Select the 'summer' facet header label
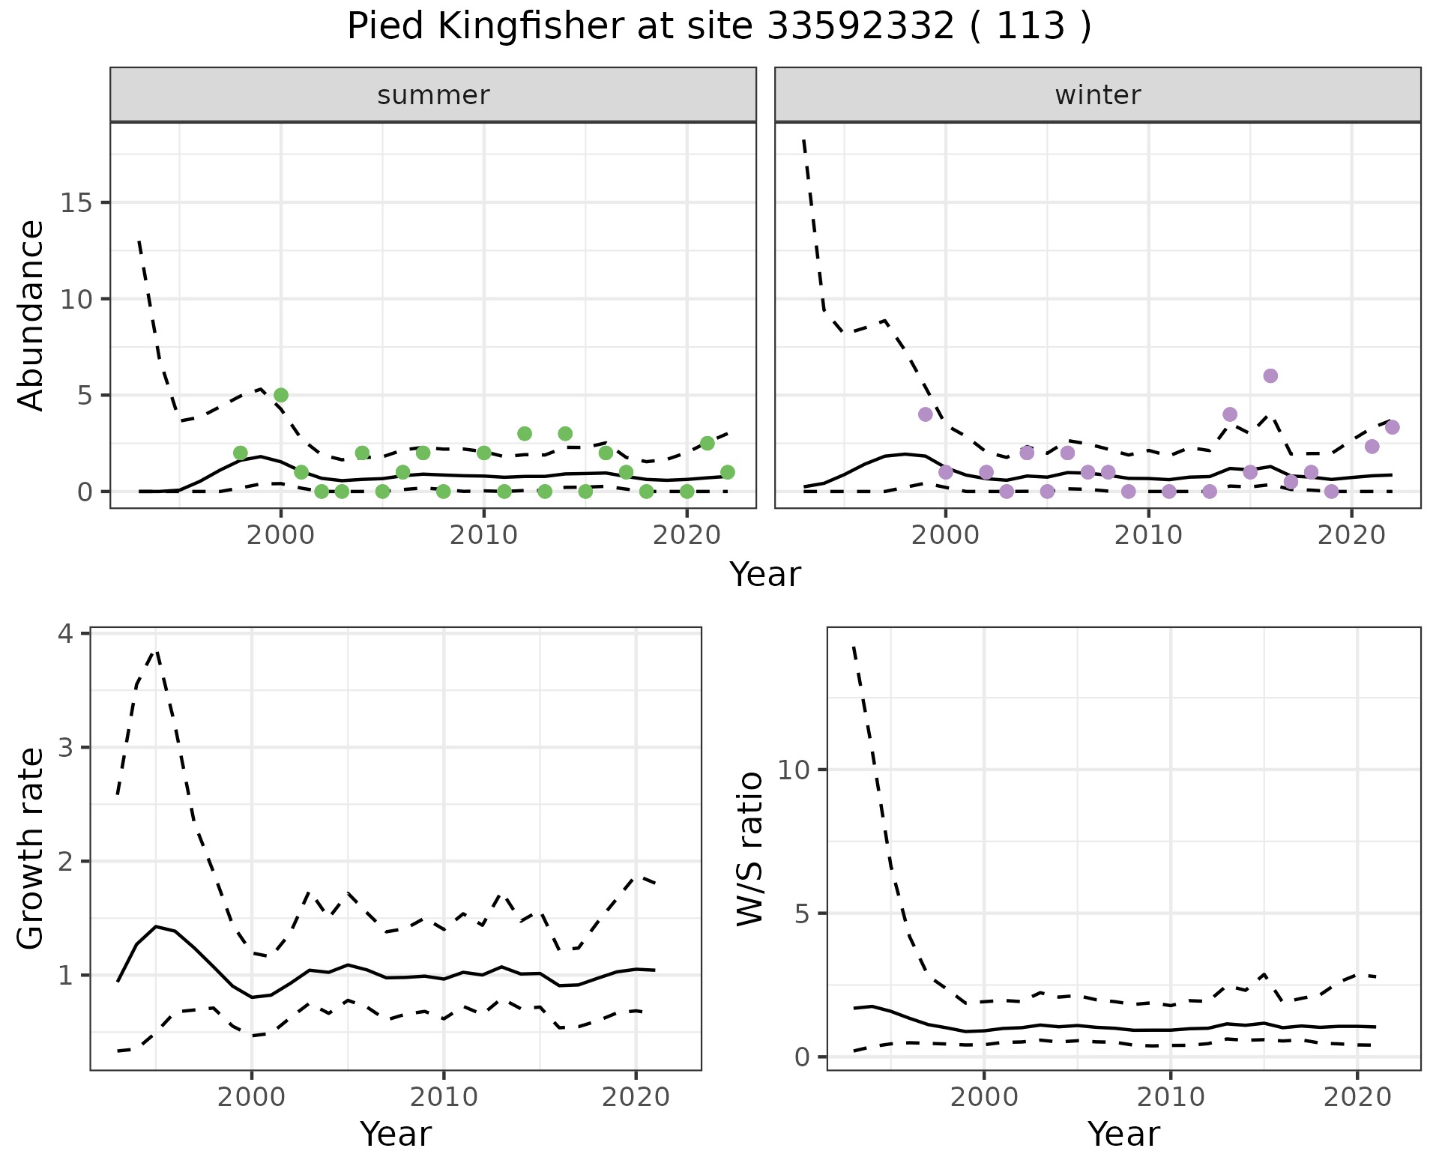pyautogui.click(x=433, y=95)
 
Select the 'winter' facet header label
pyautogui.click(x=1097, y=95)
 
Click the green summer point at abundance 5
pyautogui.click(x=281, y=395)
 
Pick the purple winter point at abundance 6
pyautogui.click(x=1270, y=375)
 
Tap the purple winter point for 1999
pyautogui.click(x=926, y=414)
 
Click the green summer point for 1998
pyautogui.click(x=241, y=453)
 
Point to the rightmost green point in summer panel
pyautogui.click(x=727, y=472)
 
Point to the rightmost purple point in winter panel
pyautogui.click(x=1393, y=427)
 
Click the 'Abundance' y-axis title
pyautogui.click(x=31, y=315)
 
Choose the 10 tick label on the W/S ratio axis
pyautogui.click(x=794, y=770)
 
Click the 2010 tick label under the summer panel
pyautogui.click(x=483, y=535)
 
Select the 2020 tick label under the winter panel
pyautogui.click(x=1351, y=535)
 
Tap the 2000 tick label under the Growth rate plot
pyautogui.click(x=252, y=1097)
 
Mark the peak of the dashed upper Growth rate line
pyautogui.click(x=156, y=650)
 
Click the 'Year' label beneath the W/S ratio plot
pyautogui.click(x=1123, y=1135)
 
